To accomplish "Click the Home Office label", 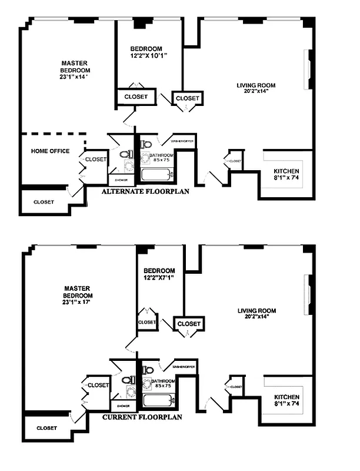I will pyautogui.click(x=50, y=151).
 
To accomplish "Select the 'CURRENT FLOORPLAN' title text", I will pyautogui.click(x=142, y=417).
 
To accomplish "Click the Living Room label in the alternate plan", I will pyautogui.click(x=256, y=88).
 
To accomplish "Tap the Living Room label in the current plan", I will pyautogui.click(x=256, y=314).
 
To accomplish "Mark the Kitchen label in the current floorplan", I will pyautogui.click(x=287, y=400).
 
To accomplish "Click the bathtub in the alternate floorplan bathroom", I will pyautogui.click(x=156, y=174).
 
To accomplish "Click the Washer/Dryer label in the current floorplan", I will pyautogui.click(x=183, y=366).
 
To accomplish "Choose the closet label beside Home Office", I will pyautogui.click(x=96, y=160).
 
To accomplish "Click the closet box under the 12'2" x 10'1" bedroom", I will pyautogui.click(x=136, y=96).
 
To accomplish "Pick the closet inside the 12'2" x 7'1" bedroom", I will pyautogui.click(x=147, y=322).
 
